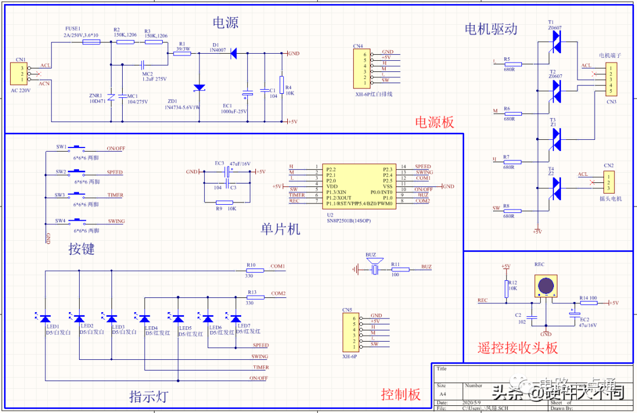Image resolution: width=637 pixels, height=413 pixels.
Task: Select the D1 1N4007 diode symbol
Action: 234,54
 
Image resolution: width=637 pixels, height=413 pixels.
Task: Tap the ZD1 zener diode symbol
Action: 199,88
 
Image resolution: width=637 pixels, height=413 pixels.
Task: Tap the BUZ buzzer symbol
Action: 373,268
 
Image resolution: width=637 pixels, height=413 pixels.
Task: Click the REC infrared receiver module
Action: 544,287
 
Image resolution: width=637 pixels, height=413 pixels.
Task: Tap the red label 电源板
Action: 435,123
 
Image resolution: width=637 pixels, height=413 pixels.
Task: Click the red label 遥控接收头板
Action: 517,348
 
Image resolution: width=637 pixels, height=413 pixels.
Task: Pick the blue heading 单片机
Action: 280,229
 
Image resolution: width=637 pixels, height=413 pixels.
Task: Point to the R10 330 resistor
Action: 255,271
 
